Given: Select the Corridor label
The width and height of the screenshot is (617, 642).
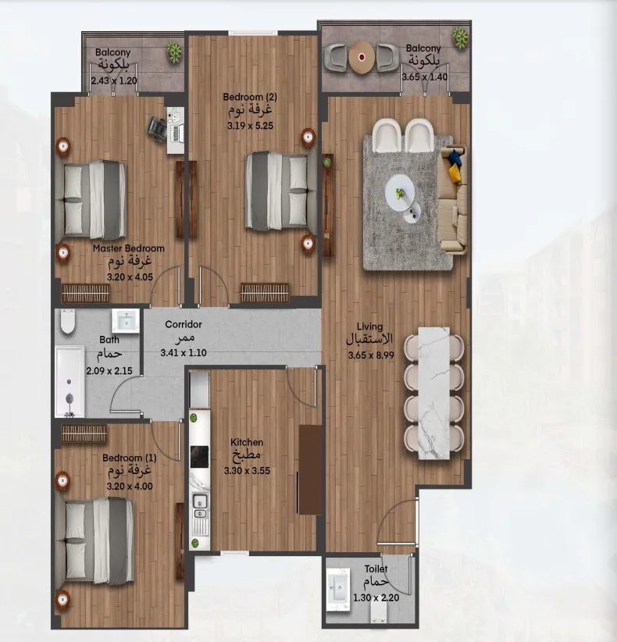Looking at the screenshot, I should pyautogui.click(x=184, y=324).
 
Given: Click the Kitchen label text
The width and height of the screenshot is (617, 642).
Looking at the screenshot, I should pyautogui.click(x=247, y=442).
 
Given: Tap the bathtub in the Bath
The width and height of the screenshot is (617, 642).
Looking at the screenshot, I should pyautogui.click(x=70, y=380).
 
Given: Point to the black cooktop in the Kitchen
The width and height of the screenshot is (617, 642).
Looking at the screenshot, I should pyautogui.click(x=199, y=458).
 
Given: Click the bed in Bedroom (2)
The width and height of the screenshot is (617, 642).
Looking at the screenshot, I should pyautogui.click(x=276, y=191).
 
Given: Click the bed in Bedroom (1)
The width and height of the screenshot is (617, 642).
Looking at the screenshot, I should pyautogui.click(x=98, y=535).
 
